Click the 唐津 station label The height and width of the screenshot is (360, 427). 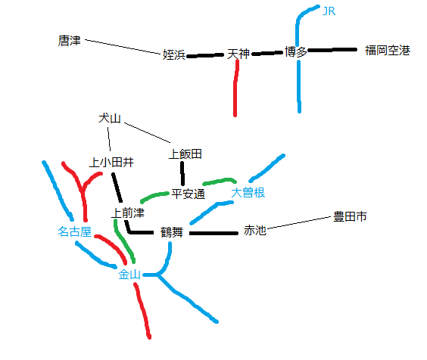click(x=70, y=41)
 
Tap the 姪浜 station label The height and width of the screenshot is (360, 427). click(x=174, y=54)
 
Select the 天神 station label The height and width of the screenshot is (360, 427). click(x=238, y=54)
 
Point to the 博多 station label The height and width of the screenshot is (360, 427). click(x=296, y=51)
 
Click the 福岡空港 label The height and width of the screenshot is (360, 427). click(x=388, y=51)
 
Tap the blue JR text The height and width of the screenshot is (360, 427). click(x=329, y=11)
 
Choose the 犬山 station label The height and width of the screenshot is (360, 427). click(x=110, y=119)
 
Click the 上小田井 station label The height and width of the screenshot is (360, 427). click(x=111, y=163)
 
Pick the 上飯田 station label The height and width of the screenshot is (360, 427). click(x=185, y=154)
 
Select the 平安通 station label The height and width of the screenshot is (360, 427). click(x=189, y=194)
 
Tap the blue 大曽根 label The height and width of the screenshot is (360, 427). click(x=248, y=193)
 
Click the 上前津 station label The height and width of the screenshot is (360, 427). click(x=128, y=213)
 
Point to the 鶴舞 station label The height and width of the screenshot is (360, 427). click(x=172, y=232)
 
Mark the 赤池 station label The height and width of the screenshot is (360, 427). click(x=255, y=230)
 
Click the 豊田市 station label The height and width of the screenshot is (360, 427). click(x=351, y=216)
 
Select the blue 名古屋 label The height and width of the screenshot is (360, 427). click(x=75, y=231)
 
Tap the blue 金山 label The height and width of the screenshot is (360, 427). click(x=129, y=275)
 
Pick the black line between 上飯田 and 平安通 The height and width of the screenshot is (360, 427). click(x=182, y=174)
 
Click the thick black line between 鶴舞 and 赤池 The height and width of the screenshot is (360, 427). click(x=213, y=233)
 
